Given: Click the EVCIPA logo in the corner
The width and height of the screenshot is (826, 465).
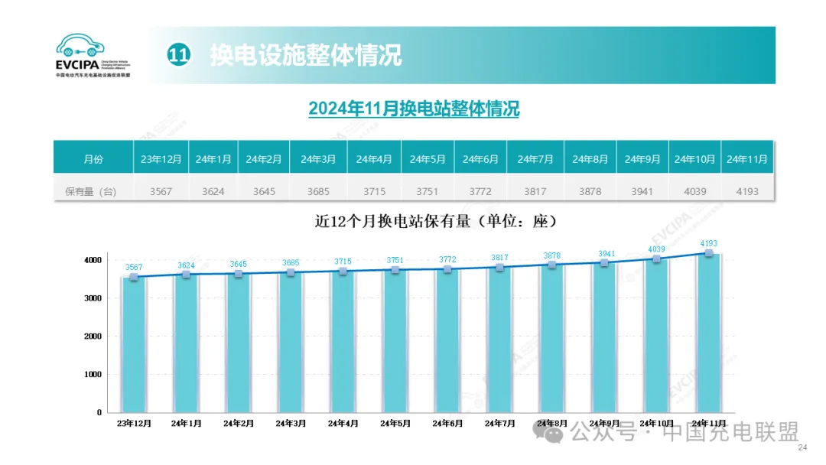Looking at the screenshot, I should pyautogui.click(x=93, y=56).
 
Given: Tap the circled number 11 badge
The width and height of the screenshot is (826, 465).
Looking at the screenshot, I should pyautogui.click(x=178, y=55).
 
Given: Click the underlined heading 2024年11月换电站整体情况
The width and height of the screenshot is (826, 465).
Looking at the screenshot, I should pyautogui.click(x=414, y=109).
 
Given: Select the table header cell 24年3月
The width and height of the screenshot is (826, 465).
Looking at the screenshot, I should pyautogui.click(x=318, y=159).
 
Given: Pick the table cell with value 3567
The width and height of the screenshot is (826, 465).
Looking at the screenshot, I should pyautogui.click(x=161, y=191).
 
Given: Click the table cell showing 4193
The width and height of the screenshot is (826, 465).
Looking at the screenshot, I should pyautogui.click(x=746, y=191).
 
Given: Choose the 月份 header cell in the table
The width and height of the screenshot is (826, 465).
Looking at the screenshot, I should pyautogui.click(x=93, y=159).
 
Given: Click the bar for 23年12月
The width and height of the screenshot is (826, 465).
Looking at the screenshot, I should pyautogui.click(x=134, y=344).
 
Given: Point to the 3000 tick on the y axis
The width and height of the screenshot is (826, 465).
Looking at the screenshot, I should pyautogui.click(x=93, y=298).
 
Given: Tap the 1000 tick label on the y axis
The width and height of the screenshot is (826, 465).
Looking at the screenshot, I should pyautogui.click(x=93, y=375).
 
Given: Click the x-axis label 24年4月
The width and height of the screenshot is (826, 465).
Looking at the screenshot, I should pyautogui.click(x=343, y=423).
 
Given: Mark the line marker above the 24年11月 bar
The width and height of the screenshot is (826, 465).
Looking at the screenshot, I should pyautogui.click(x=709, y=253).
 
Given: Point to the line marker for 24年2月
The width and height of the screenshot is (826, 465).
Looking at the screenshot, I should pyautogui.click(x=239, y=273).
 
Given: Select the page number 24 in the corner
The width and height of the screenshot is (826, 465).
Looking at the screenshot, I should pyautogui.click(x=802, y=447).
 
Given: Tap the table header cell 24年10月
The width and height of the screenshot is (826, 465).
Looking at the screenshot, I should pyautogui.click(x=694, y=159).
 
